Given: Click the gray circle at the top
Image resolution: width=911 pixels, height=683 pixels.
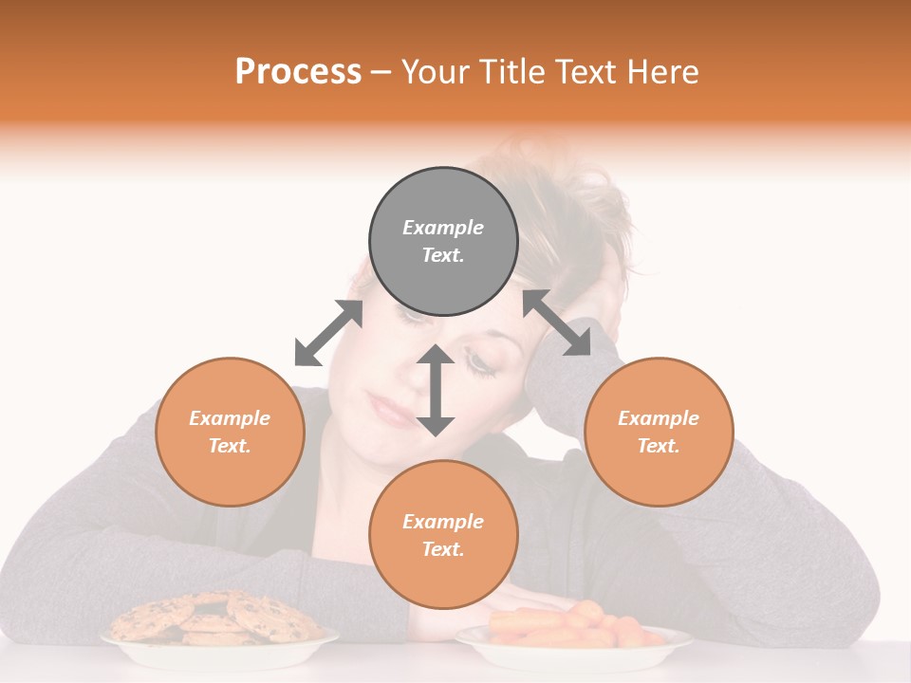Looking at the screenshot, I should (443, 242).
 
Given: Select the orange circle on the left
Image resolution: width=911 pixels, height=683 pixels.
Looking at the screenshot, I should (230, 432).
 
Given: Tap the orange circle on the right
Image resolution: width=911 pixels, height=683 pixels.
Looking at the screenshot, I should (659, 432).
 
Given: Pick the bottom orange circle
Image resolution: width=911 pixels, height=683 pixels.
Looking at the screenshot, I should (443, 535).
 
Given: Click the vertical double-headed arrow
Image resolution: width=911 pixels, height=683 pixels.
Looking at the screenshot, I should (436, 390).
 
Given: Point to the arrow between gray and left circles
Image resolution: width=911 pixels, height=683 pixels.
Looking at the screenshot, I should (328, 333).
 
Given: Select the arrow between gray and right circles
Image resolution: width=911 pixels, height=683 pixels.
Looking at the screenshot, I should (556, 323).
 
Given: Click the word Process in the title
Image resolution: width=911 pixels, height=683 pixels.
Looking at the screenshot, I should (298, 71).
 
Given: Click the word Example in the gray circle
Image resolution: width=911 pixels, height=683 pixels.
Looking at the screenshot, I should (443, 228).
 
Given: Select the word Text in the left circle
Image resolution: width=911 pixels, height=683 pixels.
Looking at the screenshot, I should (230, 446).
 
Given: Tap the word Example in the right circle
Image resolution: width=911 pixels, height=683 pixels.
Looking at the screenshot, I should (659, 418).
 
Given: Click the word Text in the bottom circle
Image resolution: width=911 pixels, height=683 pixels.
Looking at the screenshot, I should (443, 549).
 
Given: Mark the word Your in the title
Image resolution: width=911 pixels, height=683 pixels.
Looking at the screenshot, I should (436, 71).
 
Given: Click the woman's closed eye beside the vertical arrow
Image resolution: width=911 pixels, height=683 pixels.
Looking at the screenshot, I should (482, 363).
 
